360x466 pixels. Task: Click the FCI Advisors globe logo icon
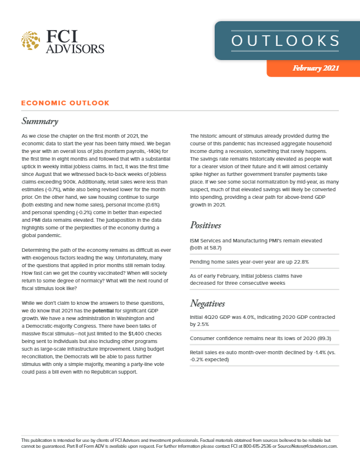coord(31,41)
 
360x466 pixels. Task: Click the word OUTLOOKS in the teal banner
coord(285,41)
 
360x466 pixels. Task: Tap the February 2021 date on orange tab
coord(315,69)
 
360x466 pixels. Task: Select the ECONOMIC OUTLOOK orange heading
coord(65,103)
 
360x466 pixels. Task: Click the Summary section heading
coord(39,122)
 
